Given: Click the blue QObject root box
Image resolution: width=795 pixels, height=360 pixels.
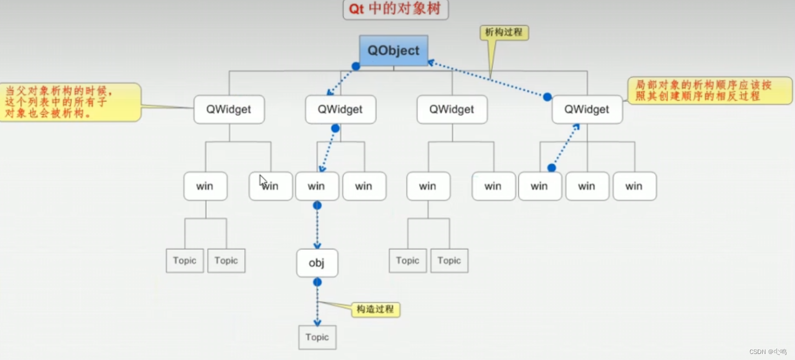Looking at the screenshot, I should [x=393, y=50].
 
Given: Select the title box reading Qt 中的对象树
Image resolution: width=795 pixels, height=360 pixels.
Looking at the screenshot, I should [x=395, y=10].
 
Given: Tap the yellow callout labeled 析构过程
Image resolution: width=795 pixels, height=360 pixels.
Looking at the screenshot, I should [x=504, y=32].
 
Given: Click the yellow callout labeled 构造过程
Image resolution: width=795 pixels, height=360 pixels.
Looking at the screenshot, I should [x=376, y=309].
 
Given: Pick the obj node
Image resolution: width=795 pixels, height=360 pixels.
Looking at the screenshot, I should [x=317, y=263].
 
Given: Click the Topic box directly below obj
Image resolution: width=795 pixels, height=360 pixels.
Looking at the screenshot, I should [x=317, y=337].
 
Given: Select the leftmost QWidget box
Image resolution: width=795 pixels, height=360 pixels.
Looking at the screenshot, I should [x=229, y=109].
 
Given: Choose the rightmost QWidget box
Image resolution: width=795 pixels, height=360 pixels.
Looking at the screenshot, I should [x=587, y=109].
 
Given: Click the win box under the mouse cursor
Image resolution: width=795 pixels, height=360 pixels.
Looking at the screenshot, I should [x=270, y=186].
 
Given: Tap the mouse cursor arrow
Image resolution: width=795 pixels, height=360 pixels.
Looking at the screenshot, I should [x=262, y=180].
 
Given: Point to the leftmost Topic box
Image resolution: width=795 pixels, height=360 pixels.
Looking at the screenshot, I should [x=184, y=260].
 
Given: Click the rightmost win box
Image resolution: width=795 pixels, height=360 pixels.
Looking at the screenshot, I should [x=634, y=186].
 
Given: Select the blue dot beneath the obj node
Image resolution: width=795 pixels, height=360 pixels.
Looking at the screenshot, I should [x=317, y=282].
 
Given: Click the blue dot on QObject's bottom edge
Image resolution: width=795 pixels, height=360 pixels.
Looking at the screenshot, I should [x=356, y=66].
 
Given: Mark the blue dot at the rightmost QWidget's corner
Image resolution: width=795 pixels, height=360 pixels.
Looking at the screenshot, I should [x=547, y=97].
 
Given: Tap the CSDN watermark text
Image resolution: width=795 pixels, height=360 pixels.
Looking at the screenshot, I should [x=767, y=351].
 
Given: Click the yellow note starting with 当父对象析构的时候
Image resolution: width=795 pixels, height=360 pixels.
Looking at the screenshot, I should [x=70, y=102].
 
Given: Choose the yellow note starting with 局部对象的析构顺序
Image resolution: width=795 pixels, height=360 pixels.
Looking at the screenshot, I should [x=709, y=90].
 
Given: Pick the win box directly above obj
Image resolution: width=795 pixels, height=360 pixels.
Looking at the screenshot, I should [x=316, y=186].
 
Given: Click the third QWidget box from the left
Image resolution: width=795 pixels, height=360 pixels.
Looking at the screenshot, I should [x=452, y=109].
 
